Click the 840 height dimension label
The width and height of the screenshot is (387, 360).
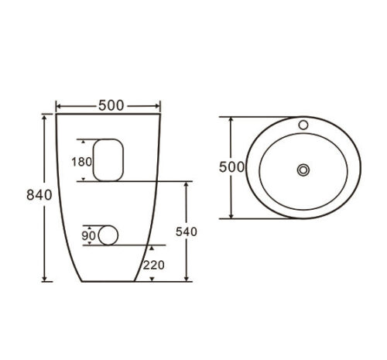tap(39, 195)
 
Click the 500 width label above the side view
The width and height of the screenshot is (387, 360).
tap(111, 105)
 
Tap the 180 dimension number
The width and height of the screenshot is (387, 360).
tap(81, 162)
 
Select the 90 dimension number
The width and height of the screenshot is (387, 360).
tap(88, 235)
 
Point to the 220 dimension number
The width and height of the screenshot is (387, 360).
tap(154, 266)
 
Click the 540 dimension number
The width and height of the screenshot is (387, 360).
tap(187, 231)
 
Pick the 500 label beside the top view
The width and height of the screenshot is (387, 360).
tap(231, 167)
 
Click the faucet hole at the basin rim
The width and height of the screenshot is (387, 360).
tap(303, 125)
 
